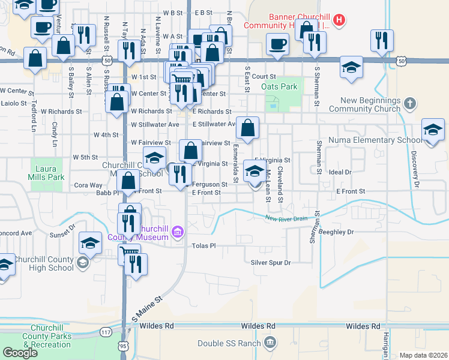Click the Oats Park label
[x=280, y=87]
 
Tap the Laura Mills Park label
[x=46, y=173]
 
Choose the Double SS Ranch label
[x=229, y=343]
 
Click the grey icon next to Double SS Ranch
[x=270, y=343]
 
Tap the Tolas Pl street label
[x=203, y=246]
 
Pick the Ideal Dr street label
[x=340, y=172]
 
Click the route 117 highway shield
[x=106, y=332]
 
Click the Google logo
[x=20, y=353]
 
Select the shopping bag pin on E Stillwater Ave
[x=247, y=128]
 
